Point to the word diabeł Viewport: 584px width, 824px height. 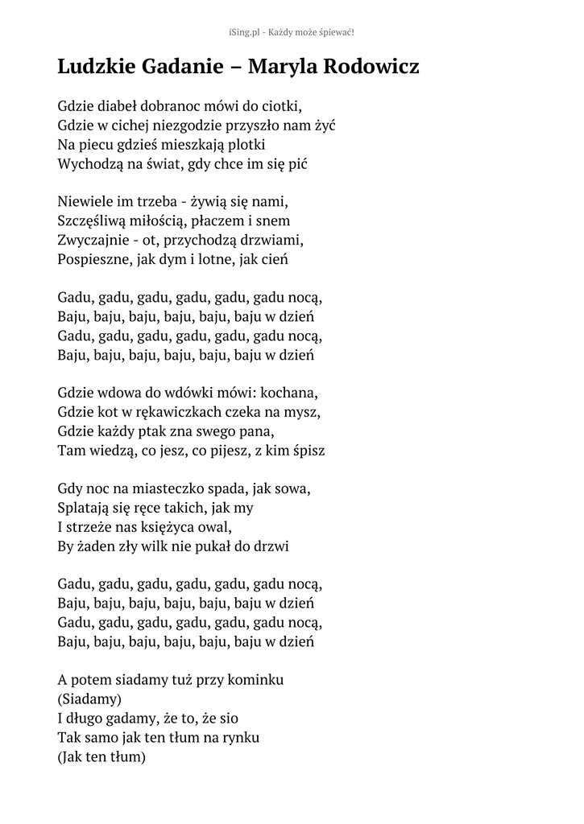click(x=119, y=105)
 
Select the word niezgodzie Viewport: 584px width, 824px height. click(x=194, y=125)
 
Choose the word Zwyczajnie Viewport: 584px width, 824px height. click(x=93, y=240)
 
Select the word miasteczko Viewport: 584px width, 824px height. click(x=176, y=488)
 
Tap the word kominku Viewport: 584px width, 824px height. click(x=255, y=680)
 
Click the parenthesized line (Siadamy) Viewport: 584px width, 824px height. click(x=89, y=699)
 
